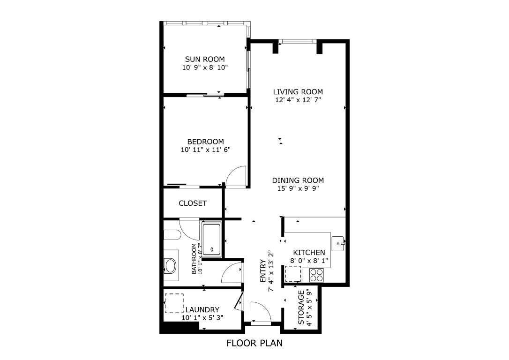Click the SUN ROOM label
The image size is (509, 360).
(205, 59)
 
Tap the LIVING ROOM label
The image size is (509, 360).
(298, 92)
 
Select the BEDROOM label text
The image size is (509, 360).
(205, 142)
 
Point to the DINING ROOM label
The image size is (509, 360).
(298, 180)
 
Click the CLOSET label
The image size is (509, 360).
(193, 203)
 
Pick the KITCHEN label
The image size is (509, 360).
(309, 253)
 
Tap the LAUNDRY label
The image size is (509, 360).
(202, 309)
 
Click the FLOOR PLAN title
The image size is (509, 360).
(254, 343)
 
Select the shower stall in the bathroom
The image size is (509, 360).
(213, 240)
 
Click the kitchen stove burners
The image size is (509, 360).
(316, 274)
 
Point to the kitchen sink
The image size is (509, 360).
(338, 243)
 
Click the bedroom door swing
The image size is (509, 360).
(236, 177)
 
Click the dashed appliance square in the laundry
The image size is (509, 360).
(174, 303)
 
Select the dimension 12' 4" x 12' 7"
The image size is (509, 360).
(298, 100)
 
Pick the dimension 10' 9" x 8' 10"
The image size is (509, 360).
(205, 67)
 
